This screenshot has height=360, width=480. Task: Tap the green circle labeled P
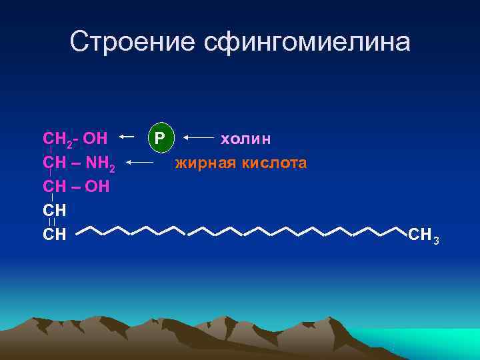[x=160, y=138]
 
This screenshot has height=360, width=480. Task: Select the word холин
[x=245, y=138]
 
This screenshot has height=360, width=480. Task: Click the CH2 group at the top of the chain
[x=56, y=139]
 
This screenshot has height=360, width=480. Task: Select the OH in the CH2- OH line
[x=96, y=139]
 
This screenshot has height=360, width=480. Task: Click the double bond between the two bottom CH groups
[x=53, y=221]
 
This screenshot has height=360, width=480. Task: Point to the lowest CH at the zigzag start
[x=54, y=233]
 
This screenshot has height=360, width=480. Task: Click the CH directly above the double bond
[x=54, y=209]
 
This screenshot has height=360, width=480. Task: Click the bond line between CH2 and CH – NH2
[x=51, y=151]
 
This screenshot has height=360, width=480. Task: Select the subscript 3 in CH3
[x=435, y=239]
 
